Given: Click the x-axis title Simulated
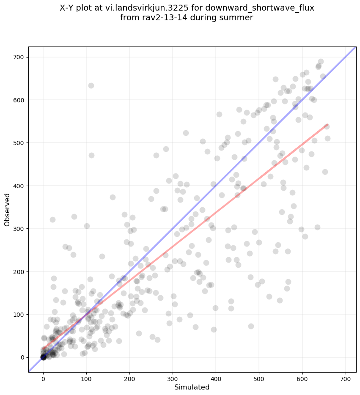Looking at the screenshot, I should click(192, 387).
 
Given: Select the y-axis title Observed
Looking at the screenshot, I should click(7, 210).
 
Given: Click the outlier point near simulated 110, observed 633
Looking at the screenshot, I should click(91, 85).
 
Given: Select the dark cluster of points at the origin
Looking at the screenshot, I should click(43, 357).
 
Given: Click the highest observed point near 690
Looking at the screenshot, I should click(321, 62).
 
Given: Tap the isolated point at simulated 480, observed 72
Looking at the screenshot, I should click(251, 326).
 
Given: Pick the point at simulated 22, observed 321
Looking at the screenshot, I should click(52, 219).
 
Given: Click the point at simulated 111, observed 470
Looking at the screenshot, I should click(91, 155).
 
